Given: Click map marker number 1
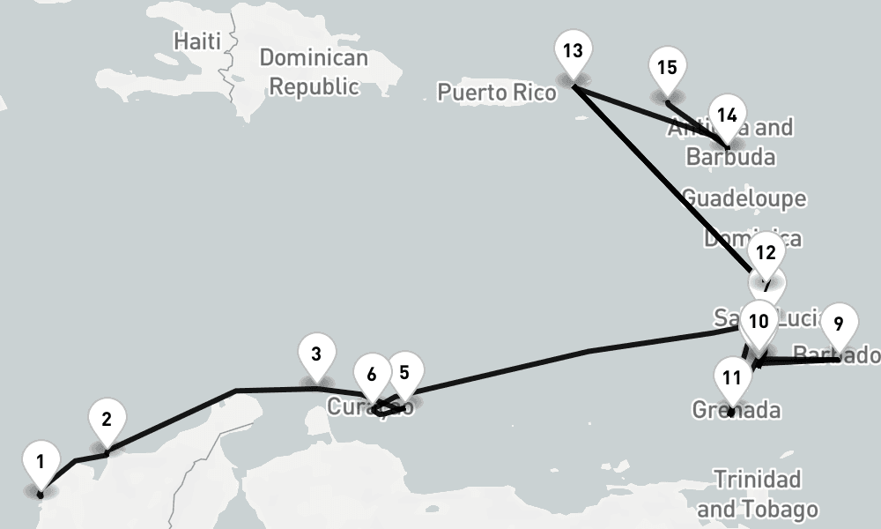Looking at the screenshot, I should (x=41, y=462).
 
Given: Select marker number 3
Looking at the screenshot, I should (x=316, y=354).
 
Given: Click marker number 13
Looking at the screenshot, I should (x=573, y=51).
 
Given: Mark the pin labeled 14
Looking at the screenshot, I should (x=727, y=116).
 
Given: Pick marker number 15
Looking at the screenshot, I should (x=667, y=69).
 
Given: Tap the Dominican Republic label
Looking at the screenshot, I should (x=314, y=72).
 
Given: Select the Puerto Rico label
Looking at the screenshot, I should (x=497, y=92).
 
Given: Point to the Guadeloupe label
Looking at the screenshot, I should (x=744, y=197).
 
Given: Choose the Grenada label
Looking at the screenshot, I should (x=736, y=410).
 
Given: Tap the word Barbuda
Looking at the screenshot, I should (x=730, y=157).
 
